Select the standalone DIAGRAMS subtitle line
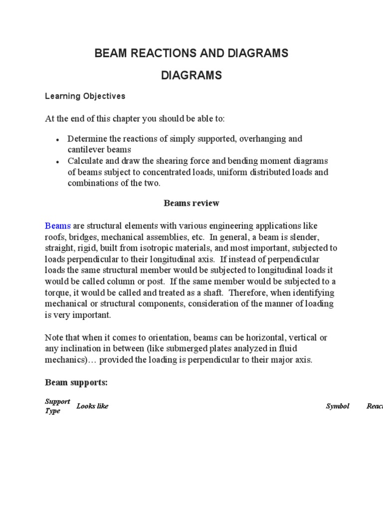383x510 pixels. click(191, 76)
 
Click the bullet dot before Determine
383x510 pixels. click(58, 139)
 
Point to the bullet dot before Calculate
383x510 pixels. click(58, 162)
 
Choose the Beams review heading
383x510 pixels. click(191, 203)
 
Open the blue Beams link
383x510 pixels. click(58, 226)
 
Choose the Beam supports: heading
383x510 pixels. click(76, 382)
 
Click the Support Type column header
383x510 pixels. click(56, 406)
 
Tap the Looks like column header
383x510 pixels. click(92, 406)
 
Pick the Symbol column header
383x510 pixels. click(338, 406)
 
